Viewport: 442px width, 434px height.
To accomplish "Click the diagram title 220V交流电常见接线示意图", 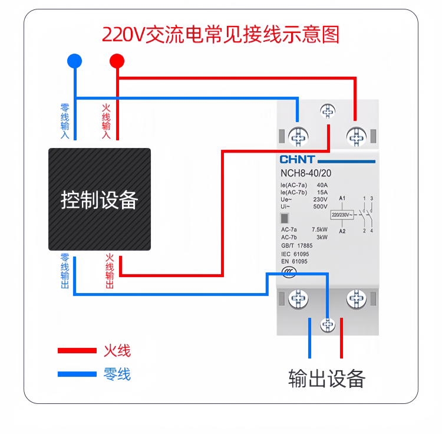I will coord(221,35).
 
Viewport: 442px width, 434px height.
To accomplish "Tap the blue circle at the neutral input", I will coord(74,61).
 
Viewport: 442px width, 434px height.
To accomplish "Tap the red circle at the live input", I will coord(117,61).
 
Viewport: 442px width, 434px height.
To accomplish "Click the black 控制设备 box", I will coord(99,199).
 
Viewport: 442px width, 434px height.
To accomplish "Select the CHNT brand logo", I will coord(297,160).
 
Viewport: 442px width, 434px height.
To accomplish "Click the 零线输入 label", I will coord(65,122).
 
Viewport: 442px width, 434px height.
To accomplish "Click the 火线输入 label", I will coord(106,122).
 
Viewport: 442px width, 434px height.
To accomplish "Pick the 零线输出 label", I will coord(65,272).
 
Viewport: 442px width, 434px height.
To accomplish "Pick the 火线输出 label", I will coord(110,272).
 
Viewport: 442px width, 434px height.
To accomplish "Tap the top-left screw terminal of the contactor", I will coord(298,137).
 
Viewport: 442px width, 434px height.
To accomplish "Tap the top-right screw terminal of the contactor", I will coord(355,137).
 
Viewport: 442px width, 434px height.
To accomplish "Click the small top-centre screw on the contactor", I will coord(327,110).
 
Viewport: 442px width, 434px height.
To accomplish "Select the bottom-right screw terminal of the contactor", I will coord(356,299).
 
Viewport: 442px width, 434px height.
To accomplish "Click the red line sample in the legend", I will coord(77,351).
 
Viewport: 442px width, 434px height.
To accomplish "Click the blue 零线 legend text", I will coord(117,374).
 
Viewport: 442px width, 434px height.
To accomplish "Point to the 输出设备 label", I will coord(327,378).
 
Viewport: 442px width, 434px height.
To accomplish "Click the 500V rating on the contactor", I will coord(320,207).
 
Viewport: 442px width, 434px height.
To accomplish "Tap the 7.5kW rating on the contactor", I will coord(319,229).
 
